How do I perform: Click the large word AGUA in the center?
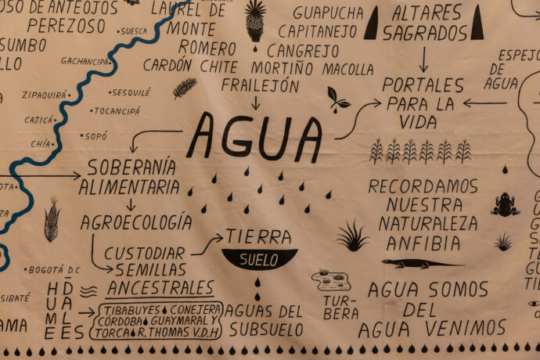[254, 136]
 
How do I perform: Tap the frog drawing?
[505, 205]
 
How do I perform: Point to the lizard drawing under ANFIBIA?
[422, 264]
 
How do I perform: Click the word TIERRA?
[258, 236]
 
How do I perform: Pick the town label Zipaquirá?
[45, 95]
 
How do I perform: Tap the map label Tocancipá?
[115, 111]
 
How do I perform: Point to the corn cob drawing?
[52, 219]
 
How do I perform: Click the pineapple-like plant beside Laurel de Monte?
[255, 20]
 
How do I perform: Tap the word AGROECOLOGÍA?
[136, 221]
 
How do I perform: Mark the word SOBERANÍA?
[131, 167]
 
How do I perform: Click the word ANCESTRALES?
[160, 287]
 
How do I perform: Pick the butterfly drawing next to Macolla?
[338, 99]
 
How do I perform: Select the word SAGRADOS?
[425, 34]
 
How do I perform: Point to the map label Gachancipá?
[85, 61]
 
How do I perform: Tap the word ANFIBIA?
[423, 243]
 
